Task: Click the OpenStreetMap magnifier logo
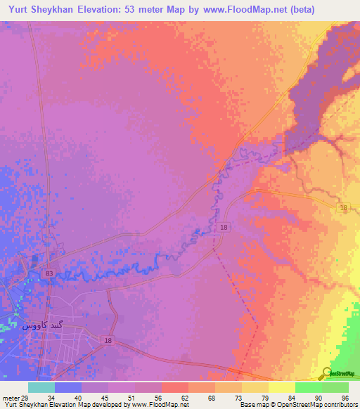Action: (x=327, y=373)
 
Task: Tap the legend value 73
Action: (x=239, y=398)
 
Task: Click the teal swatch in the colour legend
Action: (x=41, y=387)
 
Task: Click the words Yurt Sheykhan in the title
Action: (x=41, y=9)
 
